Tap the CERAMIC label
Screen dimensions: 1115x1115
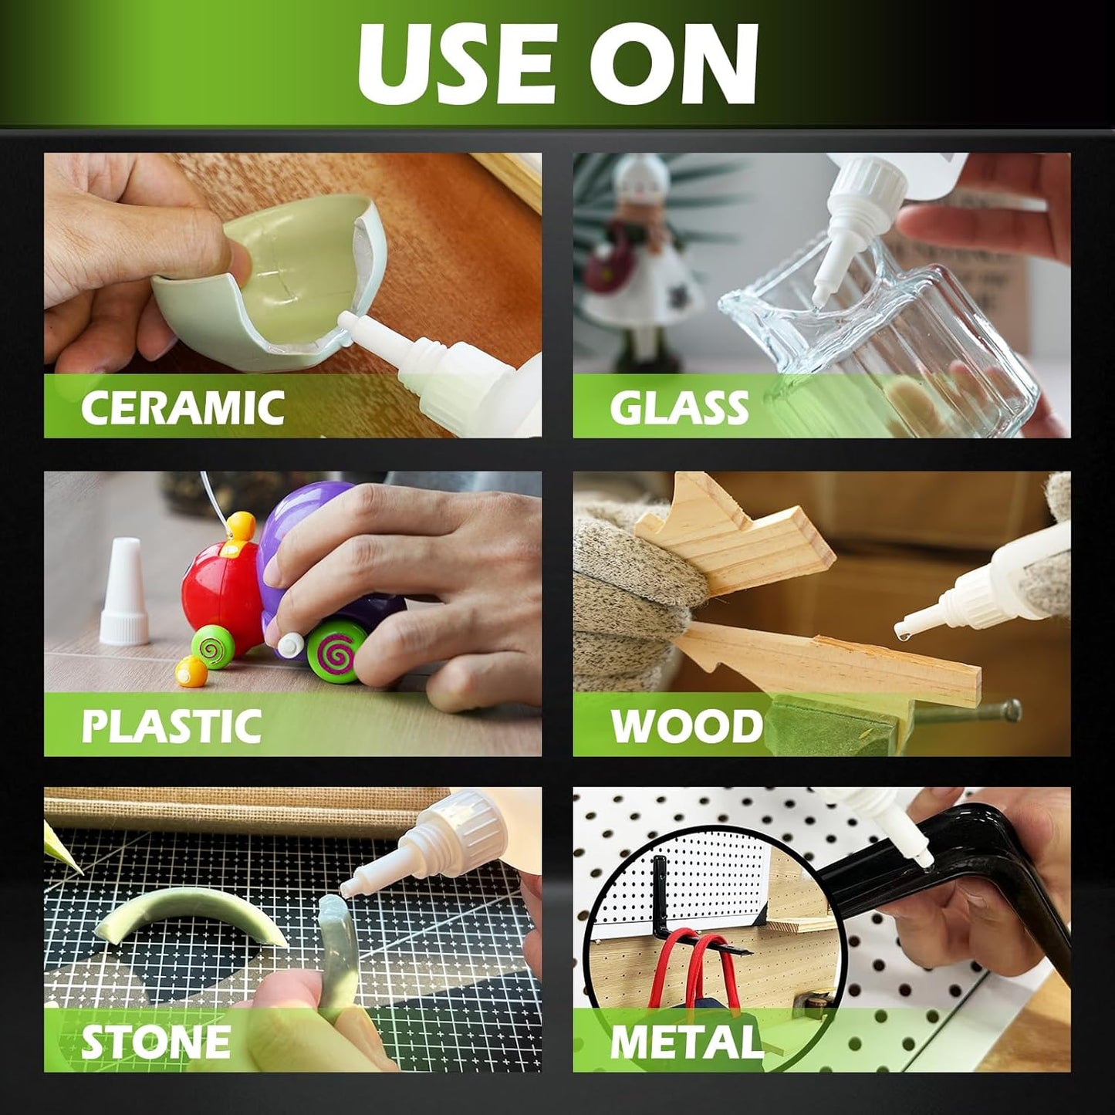183,407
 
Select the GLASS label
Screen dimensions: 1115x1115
679,407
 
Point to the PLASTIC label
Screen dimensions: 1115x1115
171,726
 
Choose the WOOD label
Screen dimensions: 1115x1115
687,726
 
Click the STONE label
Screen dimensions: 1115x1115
156,1043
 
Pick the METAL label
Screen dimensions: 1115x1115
687,1043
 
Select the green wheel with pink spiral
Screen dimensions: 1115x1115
333,654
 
